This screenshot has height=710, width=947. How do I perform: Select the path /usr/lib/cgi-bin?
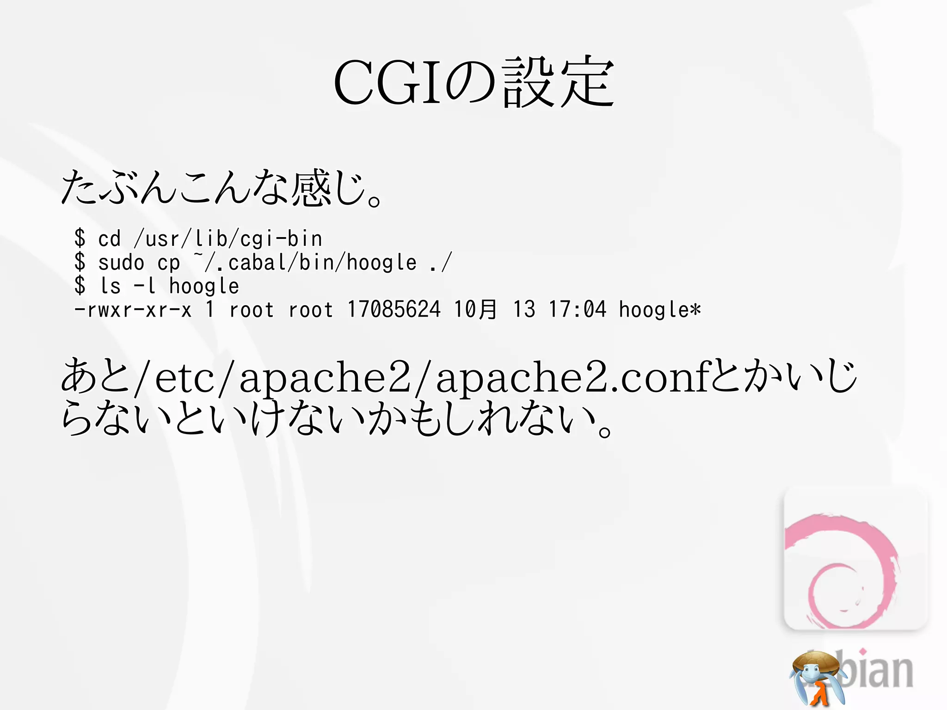(x=228, y=239)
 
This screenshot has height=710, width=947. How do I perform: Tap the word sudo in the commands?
(x=121, y=263)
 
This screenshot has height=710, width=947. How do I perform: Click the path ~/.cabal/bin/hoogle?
(x=305, y=263)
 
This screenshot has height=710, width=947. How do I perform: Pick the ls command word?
(x=111, y=286)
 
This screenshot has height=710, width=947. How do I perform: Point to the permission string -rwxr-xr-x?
(x=133, y=310)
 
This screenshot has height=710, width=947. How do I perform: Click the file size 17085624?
(x=394, y=310)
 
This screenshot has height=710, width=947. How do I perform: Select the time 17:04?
(x=577, y=310)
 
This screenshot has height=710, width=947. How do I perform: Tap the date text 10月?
(x=475, y=310)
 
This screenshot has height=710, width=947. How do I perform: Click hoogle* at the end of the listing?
(x=660, y=310)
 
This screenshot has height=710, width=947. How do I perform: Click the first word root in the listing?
(x=252, y=310)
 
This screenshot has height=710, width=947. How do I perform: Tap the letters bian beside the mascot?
(x=876, y=670)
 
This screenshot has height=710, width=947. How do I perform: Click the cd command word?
(x=110, y=239)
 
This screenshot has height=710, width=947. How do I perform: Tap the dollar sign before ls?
(x=80, y=286)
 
